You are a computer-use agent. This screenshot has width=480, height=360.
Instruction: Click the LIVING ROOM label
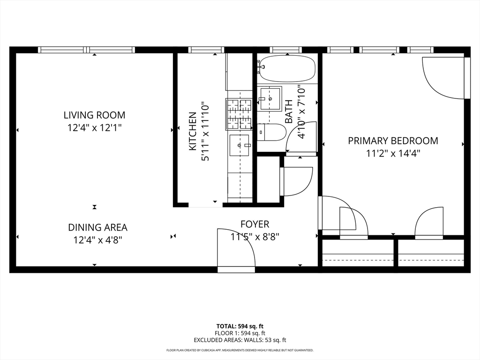coord(94,115)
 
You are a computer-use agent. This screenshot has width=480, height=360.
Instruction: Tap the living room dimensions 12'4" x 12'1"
coord(95,127)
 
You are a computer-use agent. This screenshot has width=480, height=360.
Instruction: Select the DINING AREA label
coord(97,227)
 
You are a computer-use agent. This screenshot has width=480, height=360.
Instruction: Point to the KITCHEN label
coord(193,131)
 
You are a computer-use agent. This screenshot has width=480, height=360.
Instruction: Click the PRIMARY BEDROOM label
coord(393,141)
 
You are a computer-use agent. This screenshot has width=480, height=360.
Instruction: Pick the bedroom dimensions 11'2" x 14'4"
coord(393,153)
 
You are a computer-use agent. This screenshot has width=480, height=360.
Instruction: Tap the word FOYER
coord(255,224)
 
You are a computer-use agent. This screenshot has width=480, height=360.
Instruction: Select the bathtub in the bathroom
coord(287,68)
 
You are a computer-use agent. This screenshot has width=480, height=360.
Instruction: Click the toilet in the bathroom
coord(271,132)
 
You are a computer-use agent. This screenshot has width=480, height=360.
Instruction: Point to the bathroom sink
coord(270,99)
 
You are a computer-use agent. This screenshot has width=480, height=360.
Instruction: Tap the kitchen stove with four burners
coord(239,114)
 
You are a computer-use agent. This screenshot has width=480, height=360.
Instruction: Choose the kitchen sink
coord(240,145)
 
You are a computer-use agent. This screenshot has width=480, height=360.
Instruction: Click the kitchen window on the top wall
coord(206,50)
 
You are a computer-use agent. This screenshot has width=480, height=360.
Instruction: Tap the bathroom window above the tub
coord(285,50)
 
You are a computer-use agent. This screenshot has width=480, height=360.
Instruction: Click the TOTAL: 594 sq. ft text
coord(240,326)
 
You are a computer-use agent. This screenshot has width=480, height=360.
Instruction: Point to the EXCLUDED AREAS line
coord(240,340)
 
